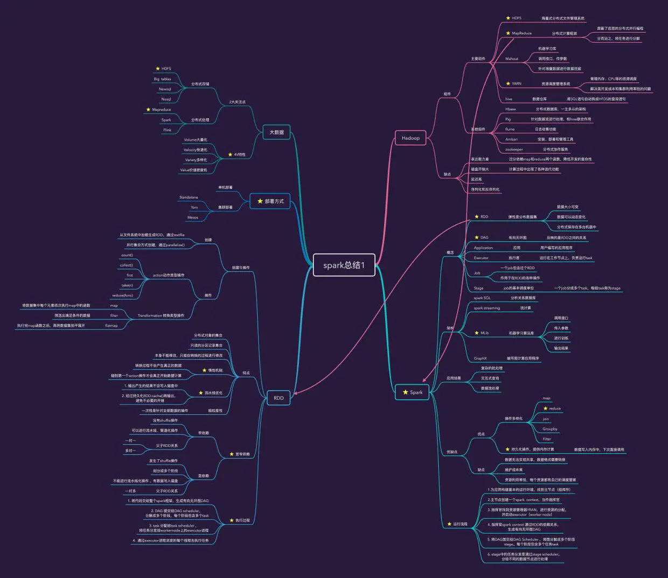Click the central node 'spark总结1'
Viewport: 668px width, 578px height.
pos(344,265)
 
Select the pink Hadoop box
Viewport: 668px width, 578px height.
pos(410,138)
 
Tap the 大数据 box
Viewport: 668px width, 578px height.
pos(276,132)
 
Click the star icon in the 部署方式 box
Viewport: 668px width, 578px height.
pos(260,201)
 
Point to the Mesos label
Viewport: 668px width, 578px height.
pos(193,217)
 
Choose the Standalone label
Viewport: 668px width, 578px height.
pos(189,198)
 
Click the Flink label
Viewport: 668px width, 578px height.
pos(167,130)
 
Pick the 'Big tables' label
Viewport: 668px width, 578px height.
pos(162,79)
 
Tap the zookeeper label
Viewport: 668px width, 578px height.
pos(514,150)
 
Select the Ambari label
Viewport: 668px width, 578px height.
pos(511,139)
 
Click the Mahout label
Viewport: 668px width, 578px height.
pos(512,59)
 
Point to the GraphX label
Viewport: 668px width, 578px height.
pos(480,358)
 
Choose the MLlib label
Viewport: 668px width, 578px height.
pos(485,333)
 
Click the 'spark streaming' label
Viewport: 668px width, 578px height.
pos(486,308)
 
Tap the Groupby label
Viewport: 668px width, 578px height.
pos(550,429)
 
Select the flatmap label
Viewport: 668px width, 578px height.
pos(112,326)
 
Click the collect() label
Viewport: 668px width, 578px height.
pos(127,265)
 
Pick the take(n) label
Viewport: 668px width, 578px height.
pos(127,285)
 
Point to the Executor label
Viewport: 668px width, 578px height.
pos(481,258)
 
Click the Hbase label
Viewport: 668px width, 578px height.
pos(511,109)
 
